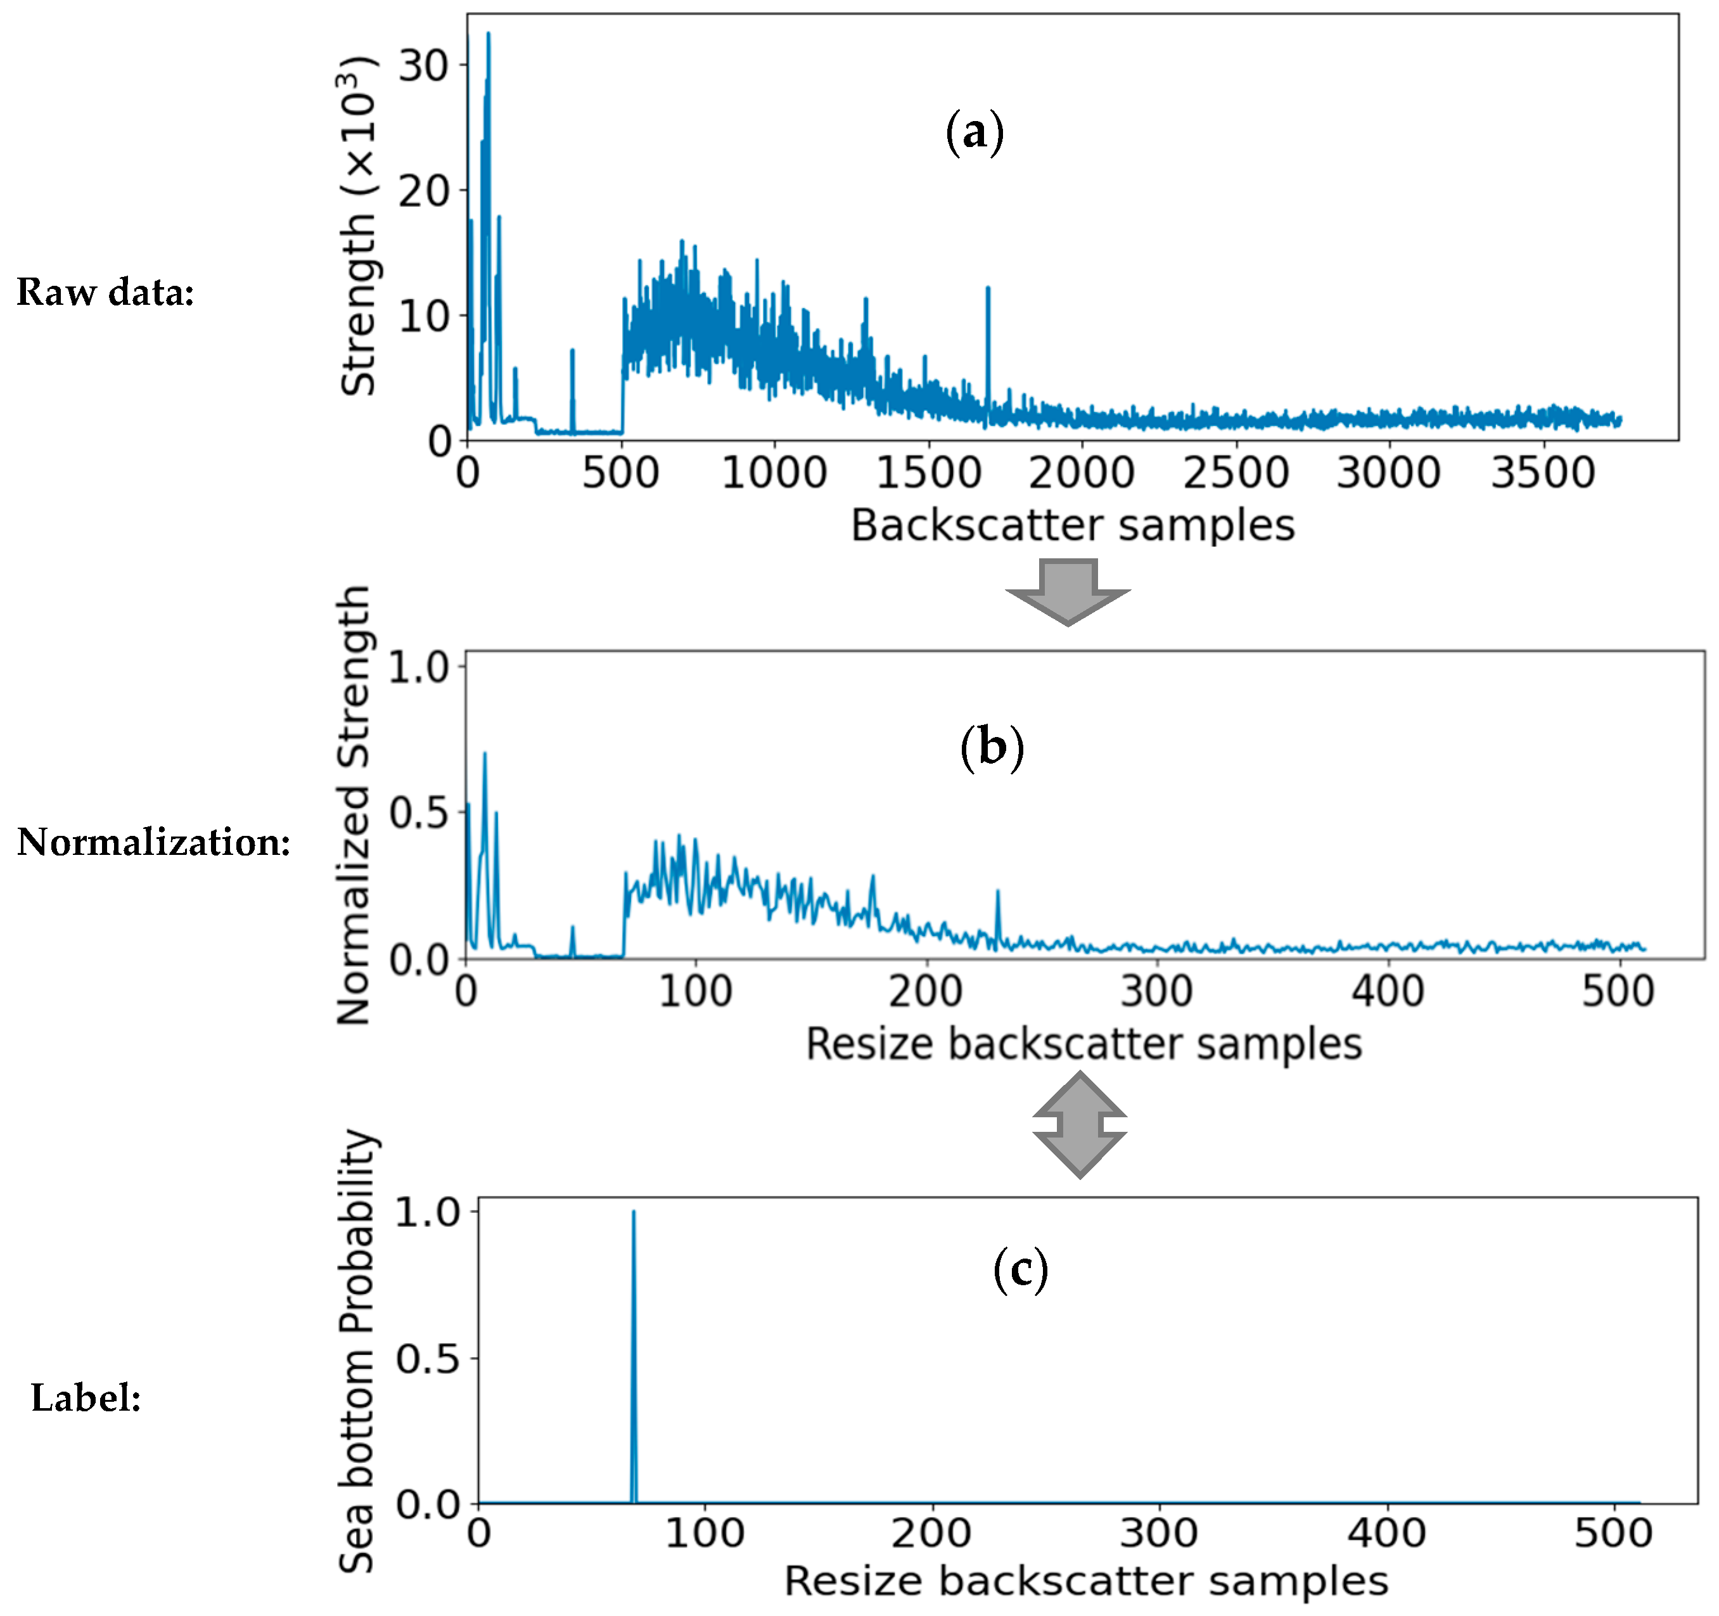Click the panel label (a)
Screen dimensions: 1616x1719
point(975,132)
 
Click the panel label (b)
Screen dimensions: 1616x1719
point(992,747)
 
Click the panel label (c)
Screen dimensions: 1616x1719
point(1020,1269)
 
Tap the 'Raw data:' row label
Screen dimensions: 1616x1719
point(105,292)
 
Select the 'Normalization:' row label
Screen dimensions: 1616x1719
point(154,842)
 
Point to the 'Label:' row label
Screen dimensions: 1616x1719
point(86,1397)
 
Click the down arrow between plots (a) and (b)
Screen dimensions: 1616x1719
point(1068,591)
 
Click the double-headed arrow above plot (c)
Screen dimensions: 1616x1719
point(1079,1124)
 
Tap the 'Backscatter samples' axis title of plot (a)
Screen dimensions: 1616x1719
point(1072,525)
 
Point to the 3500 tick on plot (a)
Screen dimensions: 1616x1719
point(1543,473)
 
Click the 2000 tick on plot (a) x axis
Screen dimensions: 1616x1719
point(1081,473)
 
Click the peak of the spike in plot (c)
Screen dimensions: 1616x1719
point(634,1212)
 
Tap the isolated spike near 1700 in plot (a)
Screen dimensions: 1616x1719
point(987,290)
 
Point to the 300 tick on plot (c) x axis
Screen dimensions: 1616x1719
point(1159,1533)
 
